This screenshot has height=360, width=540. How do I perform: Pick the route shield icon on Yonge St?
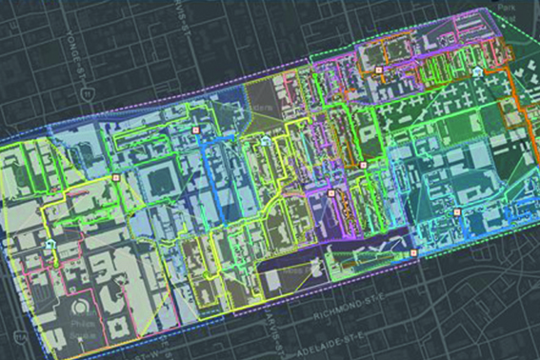[87, 96]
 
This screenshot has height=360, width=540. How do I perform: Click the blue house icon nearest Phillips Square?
[50, 245]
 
